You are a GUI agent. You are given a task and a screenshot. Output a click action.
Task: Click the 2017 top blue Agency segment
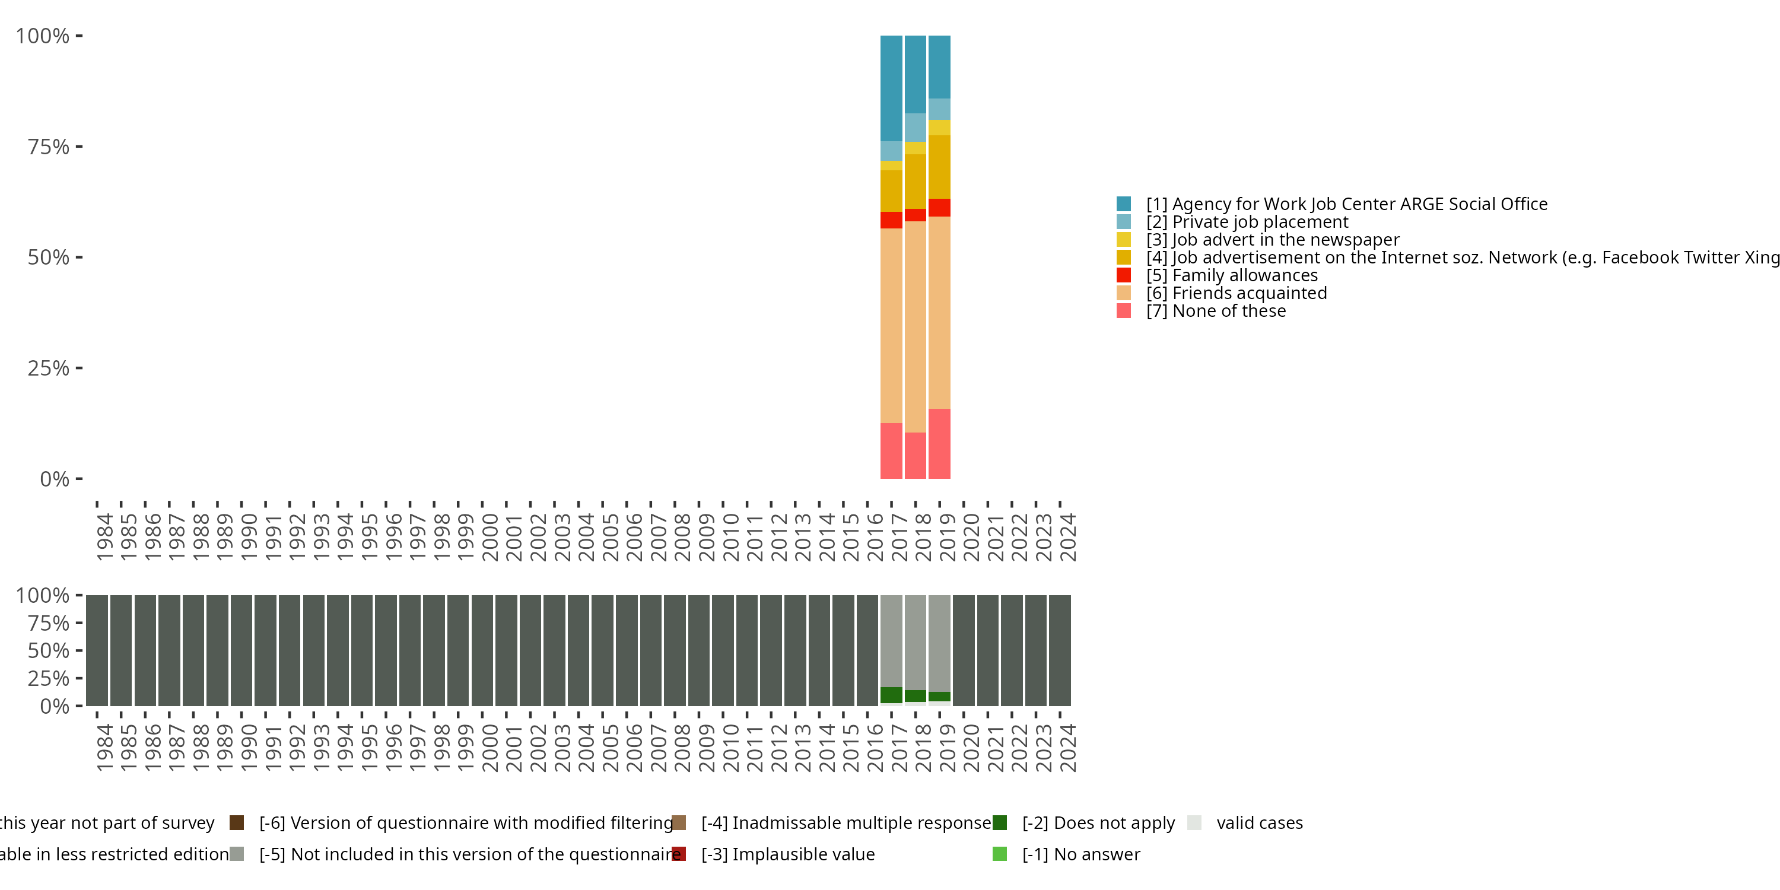pos(891,88)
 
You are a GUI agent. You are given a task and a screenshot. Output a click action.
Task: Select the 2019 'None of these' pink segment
pos(939,443)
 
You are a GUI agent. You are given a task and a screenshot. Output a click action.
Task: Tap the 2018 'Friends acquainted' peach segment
pos(915,326)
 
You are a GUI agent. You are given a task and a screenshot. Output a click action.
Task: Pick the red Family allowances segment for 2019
pos(939,207)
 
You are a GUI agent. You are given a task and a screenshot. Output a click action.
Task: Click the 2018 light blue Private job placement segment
pos(915,127)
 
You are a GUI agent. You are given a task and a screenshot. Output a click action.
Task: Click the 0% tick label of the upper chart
pos(54,479)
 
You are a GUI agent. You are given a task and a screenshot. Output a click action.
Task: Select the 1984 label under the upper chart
pos(105,537)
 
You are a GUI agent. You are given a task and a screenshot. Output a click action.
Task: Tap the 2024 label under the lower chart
pos(1067,748)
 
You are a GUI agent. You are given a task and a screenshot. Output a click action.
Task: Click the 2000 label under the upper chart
pos(490,537)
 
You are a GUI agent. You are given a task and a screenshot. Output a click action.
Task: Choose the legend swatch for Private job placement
pos(1124,222)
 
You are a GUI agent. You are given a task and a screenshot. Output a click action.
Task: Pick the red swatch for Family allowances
pos(1124,275)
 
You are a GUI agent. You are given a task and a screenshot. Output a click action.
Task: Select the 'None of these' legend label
pos(1216,311)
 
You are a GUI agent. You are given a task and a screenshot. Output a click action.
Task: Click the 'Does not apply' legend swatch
pos(999,822)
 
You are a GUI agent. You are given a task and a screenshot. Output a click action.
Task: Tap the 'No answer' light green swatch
pos(999,854)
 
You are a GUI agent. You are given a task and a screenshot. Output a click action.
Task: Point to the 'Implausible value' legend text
pos(788,854)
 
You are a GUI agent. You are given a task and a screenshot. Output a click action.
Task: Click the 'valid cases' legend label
pos(1259,822)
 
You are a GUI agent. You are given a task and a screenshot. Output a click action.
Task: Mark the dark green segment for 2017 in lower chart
pos(891,695)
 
